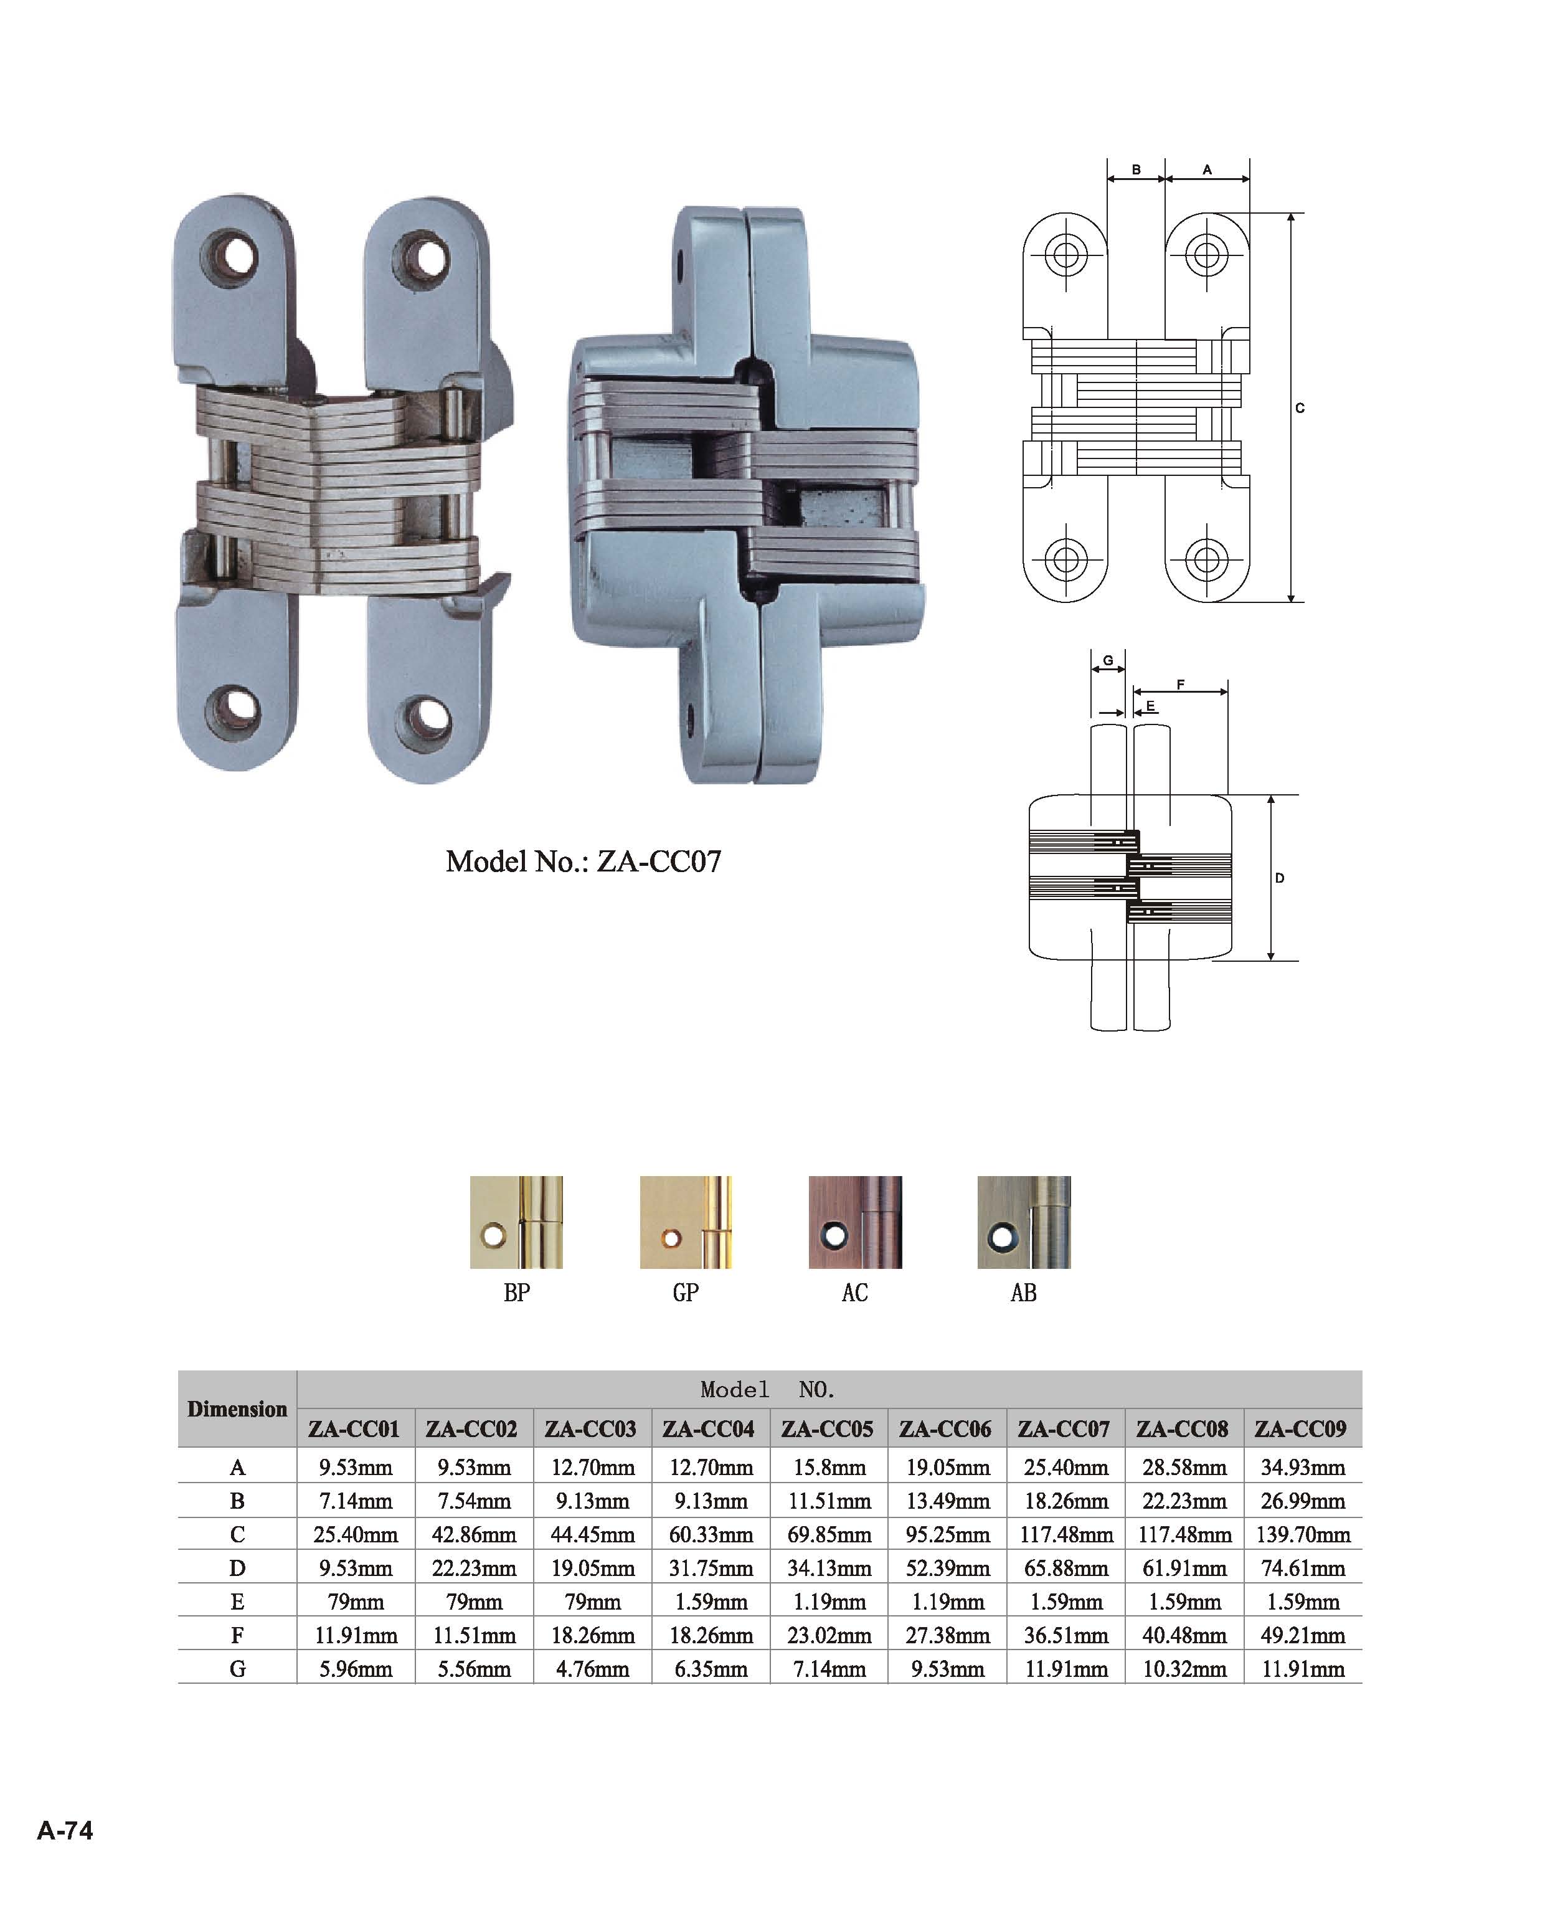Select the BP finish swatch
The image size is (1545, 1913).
516,1222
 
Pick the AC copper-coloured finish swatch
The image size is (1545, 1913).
854,1222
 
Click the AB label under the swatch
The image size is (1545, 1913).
1024,1293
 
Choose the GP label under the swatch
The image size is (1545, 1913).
685,1293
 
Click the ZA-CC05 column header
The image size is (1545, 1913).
827,1429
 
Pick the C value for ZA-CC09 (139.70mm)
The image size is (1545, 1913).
1303,1535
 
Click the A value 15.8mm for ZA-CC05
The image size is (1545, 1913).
829,1467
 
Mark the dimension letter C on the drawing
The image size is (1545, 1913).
1300,407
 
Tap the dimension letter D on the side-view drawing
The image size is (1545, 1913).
1279,878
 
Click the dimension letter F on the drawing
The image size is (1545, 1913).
1180,685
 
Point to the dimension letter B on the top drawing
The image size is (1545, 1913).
1136,169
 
